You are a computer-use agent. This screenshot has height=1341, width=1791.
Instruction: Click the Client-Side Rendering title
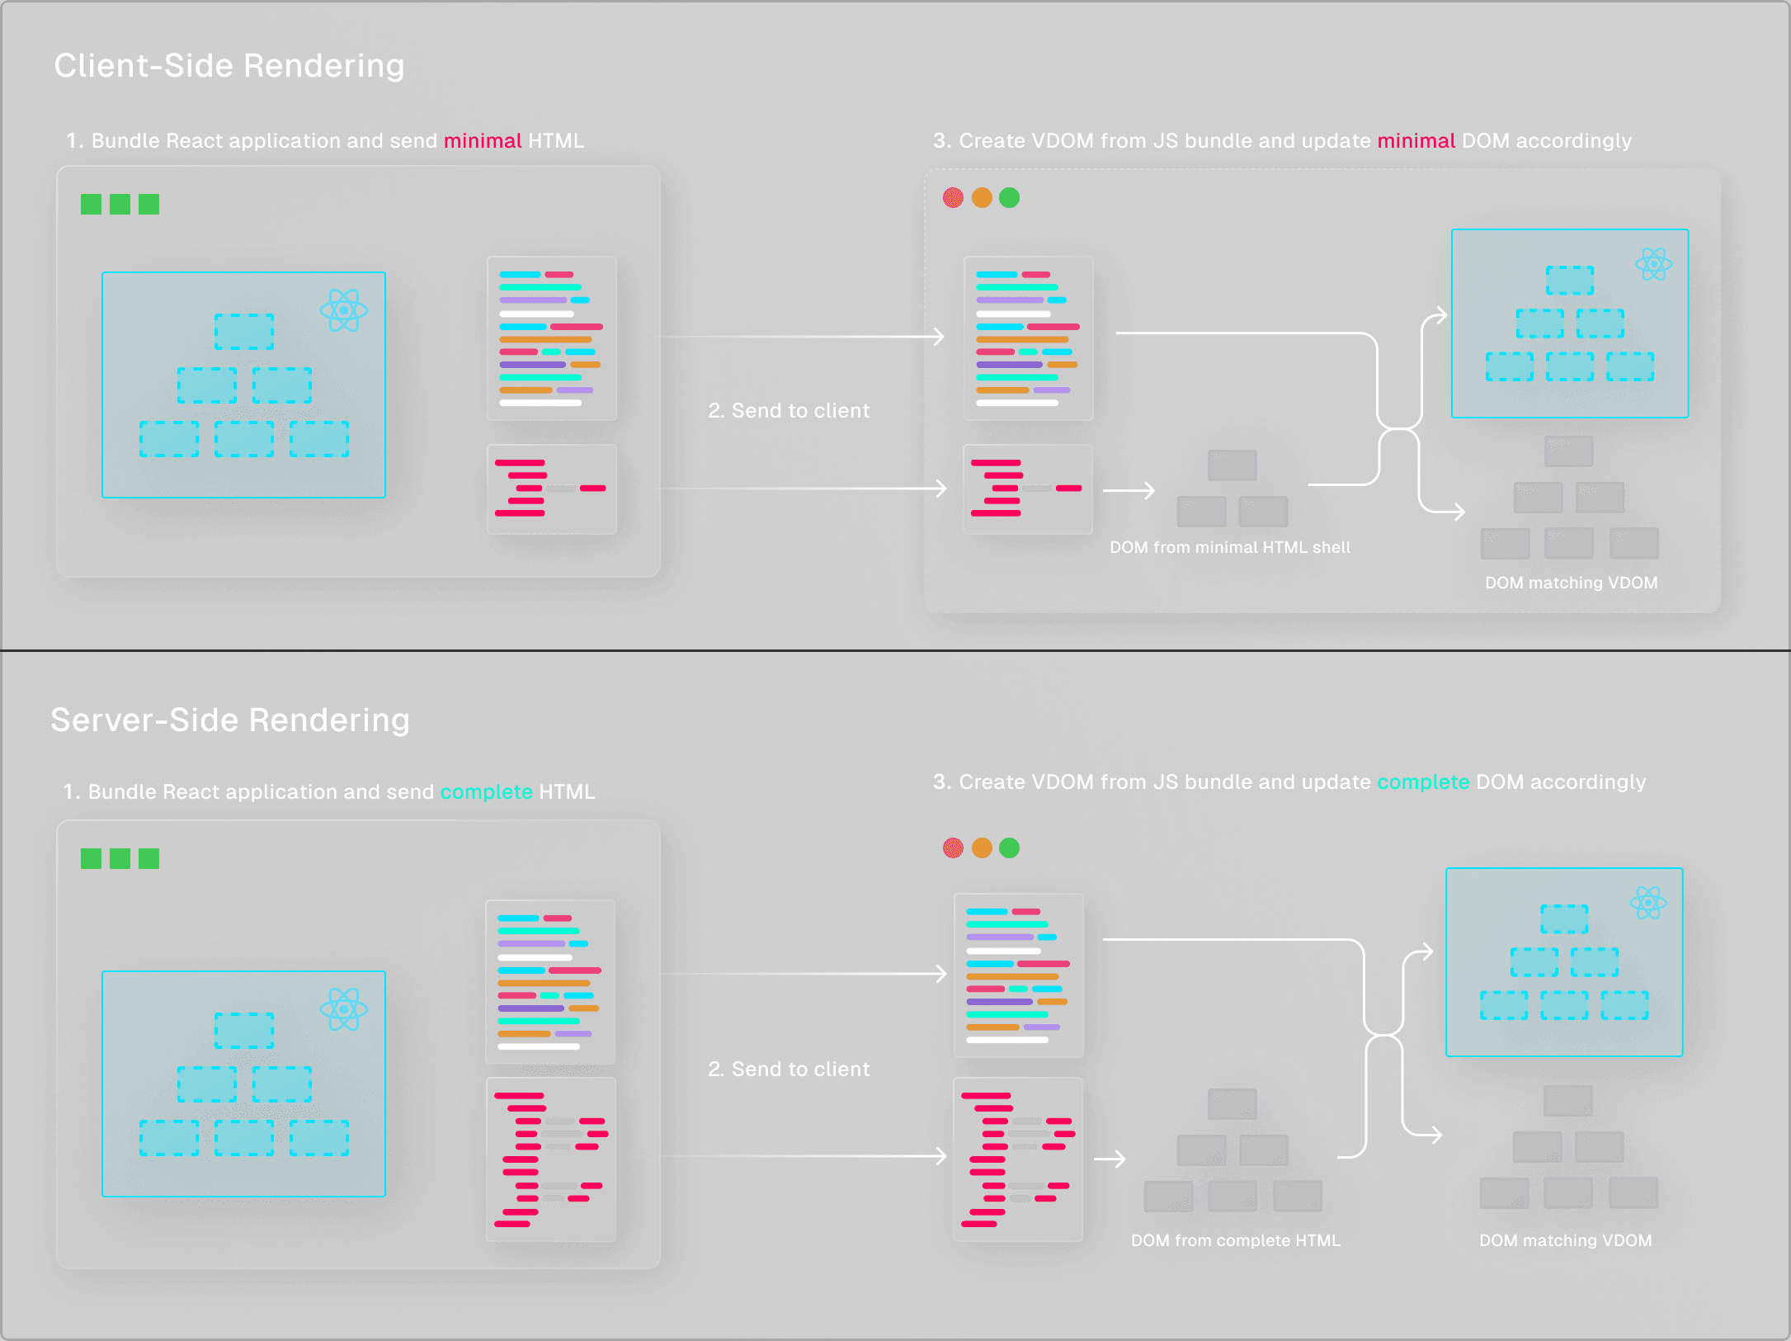[229, 66]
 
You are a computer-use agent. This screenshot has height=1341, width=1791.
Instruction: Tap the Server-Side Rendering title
[230, 720]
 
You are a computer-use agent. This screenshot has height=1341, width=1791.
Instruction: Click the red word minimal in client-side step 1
[483, 141]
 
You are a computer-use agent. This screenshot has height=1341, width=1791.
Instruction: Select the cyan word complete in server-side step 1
[486, 792]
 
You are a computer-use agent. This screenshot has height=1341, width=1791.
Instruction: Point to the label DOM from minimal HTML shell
[1229, 547]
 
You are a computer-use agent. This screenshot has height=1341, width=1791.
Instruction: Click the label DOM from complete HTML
[1235, 1240]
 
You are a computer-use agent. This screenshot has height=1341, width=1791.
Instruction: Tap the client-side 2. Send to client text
[789, 411]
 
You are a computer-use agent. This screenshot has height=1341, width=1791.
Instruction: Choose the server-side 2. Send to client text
[789, 1069]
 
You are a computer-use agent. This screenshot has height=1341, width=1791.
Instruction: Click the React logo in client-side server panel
[343, 310]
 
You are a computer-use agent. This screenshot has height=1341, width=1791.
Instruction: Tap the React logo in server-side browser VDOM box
[1648, 903]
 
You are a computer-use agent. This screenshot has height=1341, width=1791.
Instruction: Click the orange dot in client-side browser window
[982, 198]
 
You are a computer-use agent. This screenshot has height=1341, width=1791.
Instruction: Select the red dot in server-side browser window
[953, 848]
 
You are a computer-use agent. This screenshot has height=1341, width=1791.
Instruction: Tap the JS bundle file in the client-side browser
[1028, 338]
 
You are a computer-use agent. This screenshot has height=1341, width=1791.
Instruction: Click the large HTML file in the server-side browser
[1017, 1159]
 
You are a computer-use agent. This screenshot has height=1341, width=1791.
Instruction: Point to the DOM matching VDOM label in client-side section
[1571, 583]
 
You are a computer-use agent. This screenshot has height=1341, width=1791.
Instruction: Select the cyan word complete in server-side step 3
[1422, 782]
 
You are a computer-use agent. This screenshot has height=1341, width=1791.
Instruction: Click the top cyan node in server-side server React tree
[244, 1031]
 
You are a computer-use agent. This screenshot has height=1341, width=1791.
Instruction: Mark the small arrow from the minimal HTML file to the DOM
[1129, 491]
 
